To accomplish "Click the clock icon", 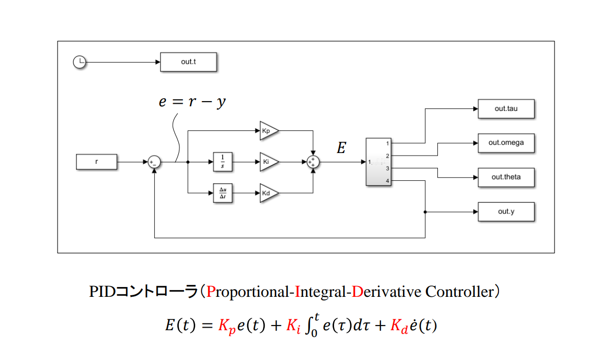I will click(x=79, y=63).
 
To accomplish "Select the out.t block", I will click(x=188, y=62).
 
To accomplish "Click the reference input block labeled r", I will click(x=97, y=162).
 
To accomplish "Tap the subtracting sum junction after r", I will click(x=154, y=162).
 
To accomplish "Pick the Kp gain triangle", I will click(x=268, y=131).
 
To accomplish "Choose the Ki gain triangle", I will click(x=268, y=162).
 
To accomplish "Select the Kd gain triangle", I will click(x=268, y=193).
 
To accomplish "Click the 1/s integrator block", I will click(x=223, y=162).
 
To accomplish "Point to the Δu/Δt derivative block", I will click(x=223, y=193).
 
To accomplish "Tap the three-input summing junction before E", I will click(x=313, y=162).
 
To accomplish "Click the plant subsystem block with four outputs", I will click(x=379, y=162).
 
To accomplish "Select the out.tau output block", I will click(x=506, y=109).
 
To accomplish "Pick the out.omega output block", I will click(x=506, y=143).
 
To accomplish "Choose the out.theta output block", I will click(x=506, y=177).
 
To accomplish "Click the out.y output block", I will click(x=506, y=212).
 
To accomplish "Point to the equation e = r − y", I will click(x=192, y=102).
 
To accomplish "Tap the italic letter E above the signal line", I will click(x=341, y=148).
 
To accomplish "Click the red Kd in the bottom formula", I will click(x=399, y=326).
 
